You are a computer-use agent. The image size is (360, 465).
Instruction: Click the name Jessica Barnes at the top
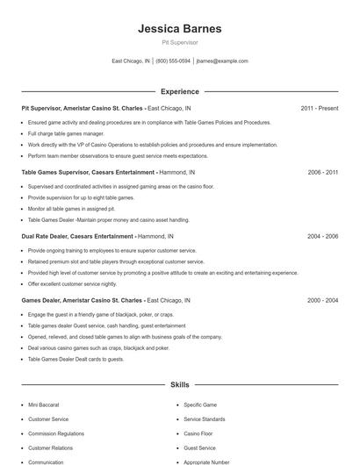pyautogui.click(x=179, y=29)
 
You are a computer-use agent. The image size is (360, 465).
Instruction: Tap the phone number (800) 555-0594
pyautogui.click(x=173, y=61)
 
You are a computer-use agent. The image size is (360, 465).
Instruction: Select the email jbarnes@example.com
pyautogui.click(x=222, y=61)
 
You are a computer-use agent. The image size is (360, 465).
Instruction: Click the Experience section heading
pyautogui.click(x=179, y=91)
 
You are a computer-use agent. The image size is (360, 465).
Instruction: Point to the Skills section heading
pyautogui.click(x=179, y=384)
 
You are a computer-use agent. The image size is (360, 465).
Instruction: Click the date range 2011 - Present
pyautogui.click(x=319, y=108)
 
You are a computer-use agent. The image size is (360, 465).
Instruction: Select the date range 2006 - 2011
pyautogui.click(x=322, y=172)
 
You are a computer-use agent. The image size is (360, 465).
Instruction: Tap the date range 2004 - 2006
pyautogui.click(x=322, y=236)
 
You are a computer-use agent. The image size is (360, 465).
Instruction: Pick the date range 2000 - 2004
pyautogui.click(x=322, y=300)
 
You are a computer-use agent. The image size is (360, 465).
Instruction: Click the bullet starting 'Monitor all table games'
pyautogui.click(x=72, y=209)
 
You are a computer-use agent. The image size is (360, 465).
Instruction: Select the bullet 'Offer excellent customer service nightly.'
pyautogui.click(x=72, y=283)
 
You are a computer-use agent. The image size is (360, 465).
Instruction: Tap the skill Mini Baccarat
pyautogui.click(x=44, y=404)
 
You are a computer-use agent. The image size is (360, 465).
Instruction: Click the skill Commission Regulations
pyautogui.click(x=56, y=433)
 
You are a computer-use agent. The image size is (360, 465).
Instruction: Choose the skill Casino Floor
pyautogui.click(x=198, y=433)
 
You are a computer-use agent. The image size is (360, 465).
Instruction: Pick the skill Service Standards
pyautogui.click(x=205, y=418)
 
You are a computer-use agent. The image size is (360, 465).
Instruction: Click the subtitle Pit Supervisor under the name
pyautogui.click(x=179, y=42)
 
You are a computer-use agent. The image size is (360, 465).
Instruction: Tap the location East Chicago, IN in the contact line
pyautogui.click(x=131, y=61)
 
